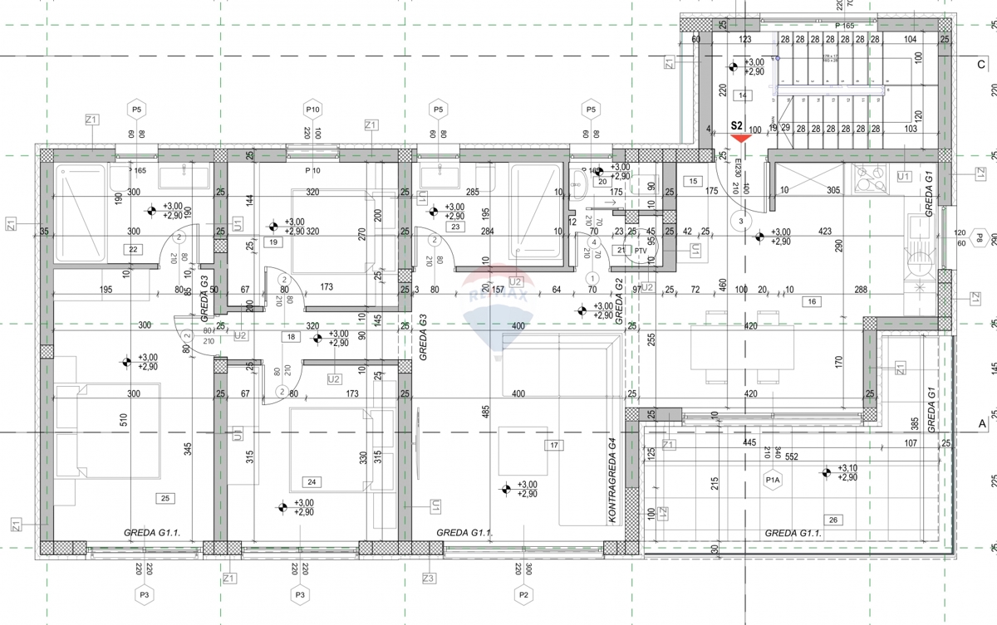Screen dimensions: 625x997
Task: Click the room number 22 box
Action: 132,249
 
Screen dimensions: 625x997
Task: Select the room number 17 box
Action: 553,446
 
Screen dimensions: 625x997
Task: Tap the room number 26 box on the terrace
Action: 834,520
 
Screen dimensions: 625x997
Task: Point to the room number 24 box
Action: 312,482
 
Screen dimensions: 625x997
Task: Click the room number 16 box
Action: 812,301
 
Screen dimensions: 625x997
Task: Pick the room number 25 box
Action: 165,498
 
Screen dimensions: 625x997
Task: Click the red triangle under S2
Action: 736,139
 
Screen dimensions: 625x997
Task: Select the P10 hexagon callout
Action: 312,110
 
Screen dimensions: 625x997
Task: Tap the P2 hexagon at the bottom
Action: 523,594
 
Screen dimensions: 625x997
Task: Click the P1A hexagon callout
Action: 773,479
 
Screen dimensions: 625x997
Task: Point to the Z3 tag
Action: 429,578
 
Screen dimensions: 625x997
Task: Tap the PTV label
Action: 641,250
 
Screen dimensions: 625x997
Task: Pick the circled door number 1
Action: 592,277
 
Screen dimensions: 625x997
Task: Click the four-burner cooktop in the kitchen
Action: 872,174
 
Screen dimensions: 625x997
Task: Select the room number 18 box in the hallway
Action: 292,337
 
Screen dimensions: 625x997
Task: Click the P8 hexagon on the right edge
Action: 980,238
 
